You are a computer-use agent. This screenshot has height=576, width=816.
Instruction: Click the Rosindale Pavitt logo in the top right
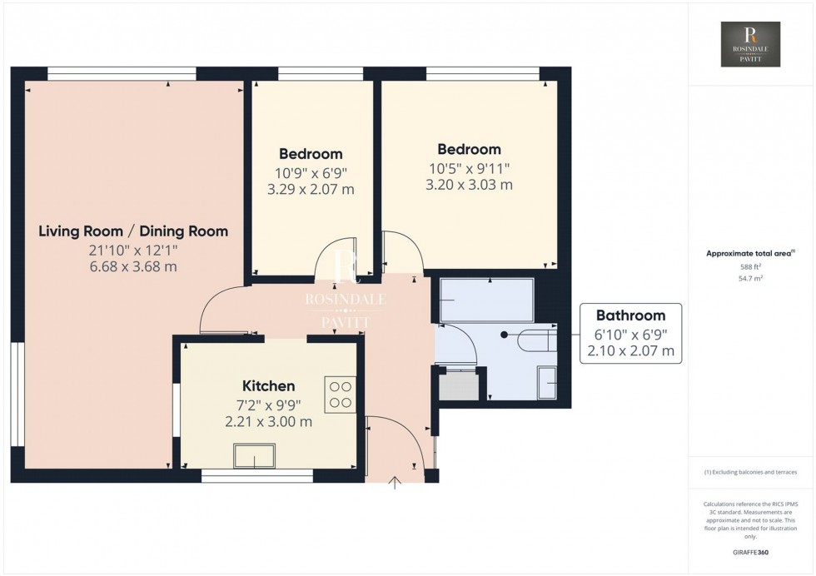[x=750, y=44]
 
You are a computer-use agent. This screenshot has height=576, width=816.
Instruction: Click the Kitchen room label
[x=268, y=386]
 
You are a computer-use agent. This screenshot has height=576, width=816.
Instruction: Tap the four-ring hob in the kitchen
[x=340, y=395]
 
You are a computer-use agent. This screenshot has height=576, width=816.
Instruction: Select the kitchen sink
[x=255, y=457]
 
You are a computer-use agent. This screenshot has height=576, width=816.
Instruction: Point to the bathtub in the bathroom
[x=486, y=300]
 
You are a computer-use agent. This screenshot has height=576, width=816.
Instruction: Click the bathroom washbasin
[x=547, y=383]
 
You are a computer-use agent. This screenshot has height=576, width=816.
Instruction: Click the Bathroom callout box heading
[x=630, y=315]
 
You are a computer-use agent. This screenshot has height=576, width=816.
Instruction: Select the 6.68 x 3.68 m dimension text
[x=133, y=267]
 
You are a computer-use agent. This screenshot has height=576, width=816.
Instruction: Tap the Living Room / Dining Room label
[x=133, y=231]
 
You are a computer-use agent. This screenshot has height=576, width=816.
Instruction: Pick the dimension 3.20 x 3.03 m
[x=469, y=185]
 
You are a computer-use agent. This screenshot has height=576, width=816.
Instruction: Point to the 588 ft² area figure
[x=751, y=267]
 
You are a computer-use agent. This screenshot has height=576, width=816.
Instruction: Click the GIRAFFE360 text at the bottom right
[x=751, y=551]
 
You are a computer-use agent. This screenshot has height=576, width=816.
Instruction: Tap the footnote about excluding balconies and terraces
[x=751, y=472]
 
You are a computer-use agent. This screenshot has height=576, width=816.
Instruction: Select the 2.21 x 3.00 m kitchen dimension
[x=268, y=422]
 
